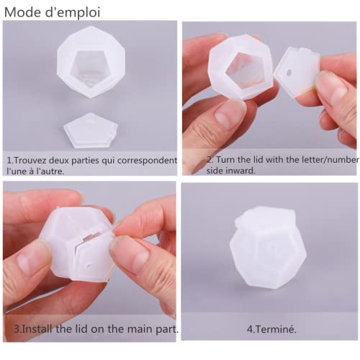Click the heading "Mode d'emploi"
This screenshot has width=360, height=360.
coord(51,12)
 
